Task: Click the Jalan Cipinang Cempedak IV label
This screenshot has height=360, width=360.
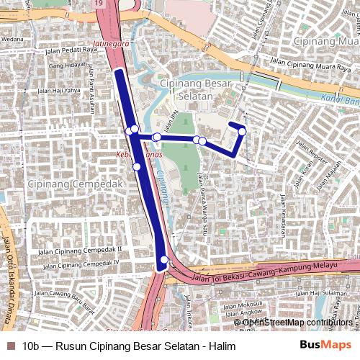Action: click(78, 263)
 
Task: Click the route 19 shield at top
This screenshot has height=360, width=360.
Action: click(98, 5)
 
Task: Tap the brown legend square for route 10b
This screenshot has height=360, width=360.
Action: click(9, 346)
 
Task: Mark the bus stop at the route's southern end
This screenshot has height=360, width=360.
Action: click(164, 260)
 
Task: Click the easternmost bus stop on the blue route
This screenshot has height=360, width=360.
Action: click(243, 131)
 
